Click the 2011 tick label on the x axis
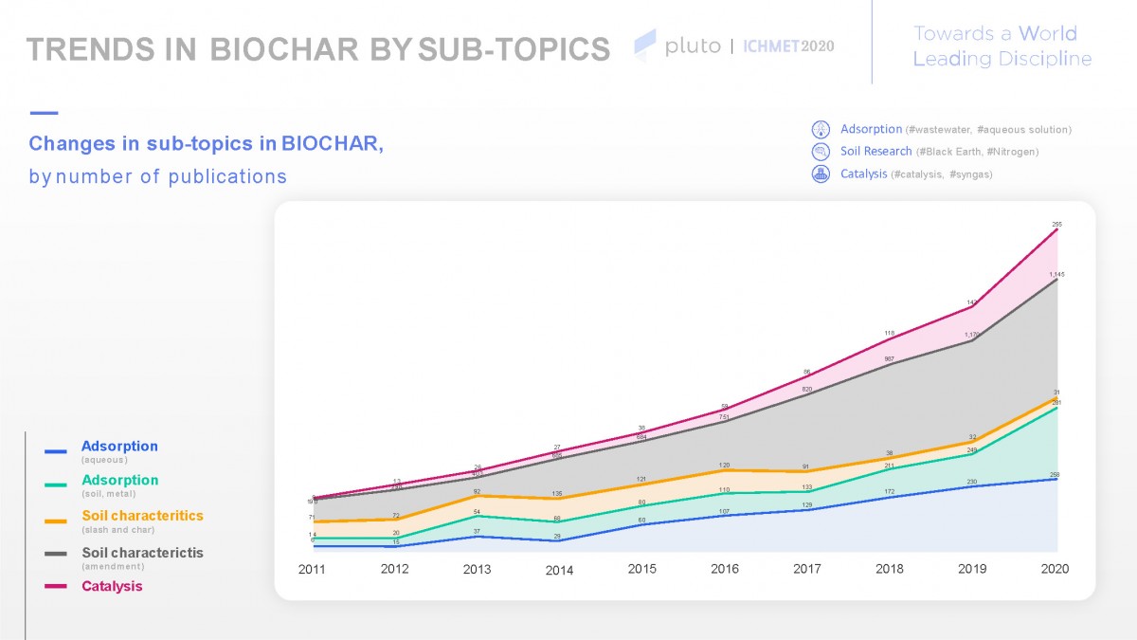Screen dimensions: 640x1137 pyautogui.click(x=312, y=570)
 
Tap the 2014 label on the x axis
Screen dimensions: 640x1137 pyautogui.click(x=559, y=571)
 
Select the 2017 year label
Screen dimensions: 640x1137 pyautogui.click(x=806, y=569)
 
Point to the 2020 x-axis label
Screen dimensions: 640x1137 pyautogui.click(x=1054, y=569)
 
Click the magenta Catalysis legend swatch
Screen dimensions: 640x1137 pyautogui.click(x=56, y=587)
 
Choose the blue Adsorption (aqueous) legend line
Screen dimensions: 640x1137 pyautogui.click(x=56, y=451)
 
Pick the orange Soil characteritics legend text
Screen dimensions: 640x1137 pyautogui.click(x=142, y=516)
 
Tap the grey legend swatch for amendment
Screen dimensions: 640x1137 pyautogui.click(x=56, y=554)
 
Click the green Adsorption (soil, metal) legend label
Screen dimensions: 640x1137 pyautogui.click(x=119, y=481)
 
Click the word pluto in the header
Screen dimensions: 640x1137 pyautogui.click(x=692, y=46)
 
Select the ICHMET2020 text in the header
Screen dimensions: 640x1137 pyautogui.click(x=787, y=46)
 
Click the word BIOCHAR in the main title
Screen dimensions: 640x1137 pyautogui.click(x=283, y=49)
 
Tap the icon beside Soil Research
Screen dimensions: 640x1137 pyautogui.click(x=821, y=152)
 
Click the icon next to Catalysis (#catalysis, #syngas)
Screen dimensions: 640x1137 pyautogui.click(x=821, y=174)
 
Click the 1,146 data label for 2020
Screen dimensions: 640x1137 pyautogui.click(x=1056, y=274)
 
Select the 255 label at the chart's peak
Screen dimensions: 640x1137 pyautogui.click(x=1056, y=225)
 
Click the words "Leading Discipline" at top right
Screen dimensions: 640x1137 pyautogui.click(x=1002, y=59)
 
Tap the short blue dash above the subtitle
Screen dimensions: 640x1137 pyautogui.click(x=45, y=113)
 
